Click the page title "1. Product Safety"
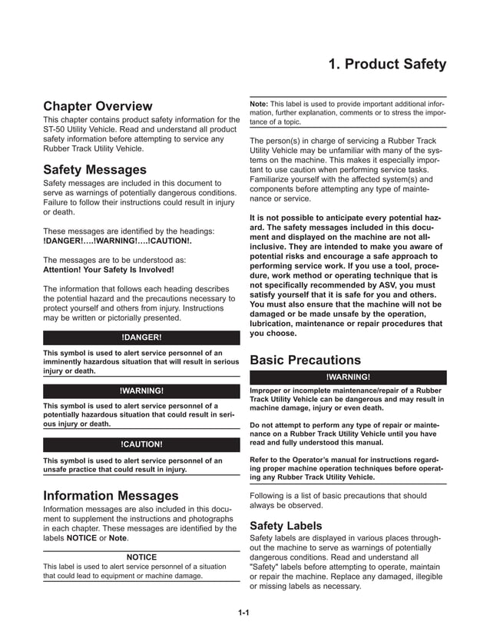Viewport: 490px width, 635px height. pos(386,65)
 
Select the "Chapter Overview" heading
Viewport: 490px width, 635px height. pos(98,106)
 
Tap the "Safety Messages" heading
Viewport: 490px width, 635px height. pos(94,169)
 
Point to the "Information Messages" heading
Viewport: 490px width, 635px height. pos(111,496)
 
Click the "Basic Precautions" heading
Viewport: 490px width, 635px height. pos(305,360)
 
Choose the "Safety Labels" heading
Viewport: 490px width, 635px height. pos(286,525)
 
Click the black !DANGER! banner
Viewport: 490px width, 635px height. pos(141,337)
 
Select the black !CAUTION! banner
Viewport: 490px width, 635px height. pos(141,444)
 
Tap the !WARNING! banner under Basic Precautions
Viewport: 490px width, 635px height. pos(348,377)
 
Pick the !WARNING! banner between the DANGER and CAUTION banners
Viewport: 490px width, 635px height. pos(141,391)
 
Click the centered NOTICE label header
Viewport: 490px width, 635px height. pos(141,557)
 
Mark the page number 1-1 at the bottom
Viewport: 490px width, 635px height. pos(245,613)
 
